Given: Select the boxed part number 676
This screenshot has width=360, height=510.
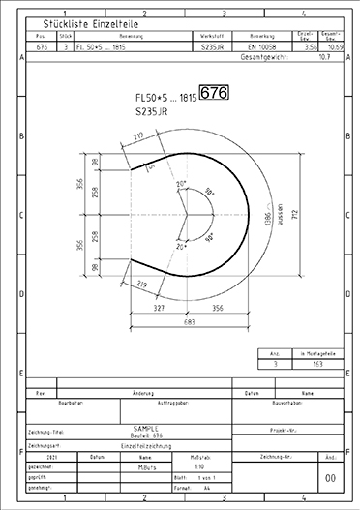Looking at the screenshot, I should (214, 93).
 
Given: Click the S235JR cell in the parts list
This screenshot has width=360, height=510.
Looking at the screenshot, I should (211, 45).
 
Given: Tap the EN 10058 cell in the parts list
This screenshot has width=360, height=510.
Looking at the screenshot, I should (263, 45).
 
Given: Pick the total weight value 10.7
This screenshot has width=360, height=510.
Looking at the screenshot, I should (324, 57).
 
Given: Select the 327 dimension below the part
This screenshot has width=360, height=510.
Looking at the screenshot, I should (159, 307).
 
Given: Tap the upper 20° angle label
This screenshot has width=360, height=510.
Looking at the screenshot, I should (180, 183).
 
